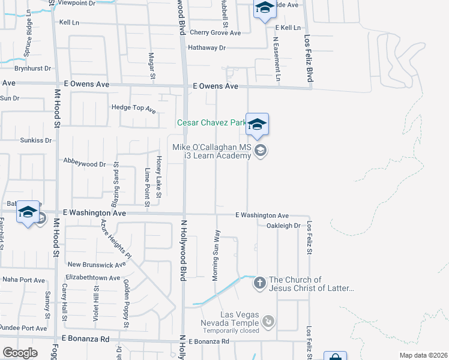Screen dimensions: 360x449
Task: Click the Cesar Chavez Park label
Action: point(211,123)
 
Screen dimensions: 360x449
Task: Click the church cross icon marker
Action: point(259,283)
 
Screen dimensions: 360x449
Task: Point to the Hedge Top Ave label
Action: point(133,110)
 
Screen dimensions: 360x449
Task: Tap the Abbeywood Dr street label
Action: point(85,163)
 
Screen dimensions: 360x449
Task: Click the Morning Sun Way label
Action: point(215,255)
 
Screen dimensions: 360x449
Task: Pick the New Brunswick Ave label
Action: point(97,264)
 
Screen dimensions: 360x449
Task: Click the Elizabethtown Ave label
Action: point(93,278)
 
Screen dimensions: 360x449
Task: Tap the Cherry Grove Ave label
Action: point(215,33)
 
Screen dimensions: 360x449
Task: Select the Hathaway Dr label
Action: point(206,47)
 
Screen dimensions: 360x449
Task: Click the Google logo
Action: point(20,353)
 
